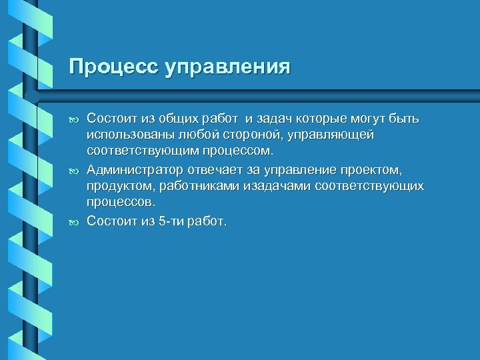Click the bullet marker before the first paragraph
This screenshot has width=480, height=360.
(73, 120)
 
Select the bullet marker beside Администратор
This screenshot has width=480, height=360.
(73, 170)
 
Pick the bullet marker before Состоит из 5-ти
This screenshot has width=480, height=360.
(73, 220)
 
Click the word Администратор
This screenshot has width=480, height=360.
(129, 169)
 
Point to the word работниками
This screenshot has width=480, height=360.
(179, 186)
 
